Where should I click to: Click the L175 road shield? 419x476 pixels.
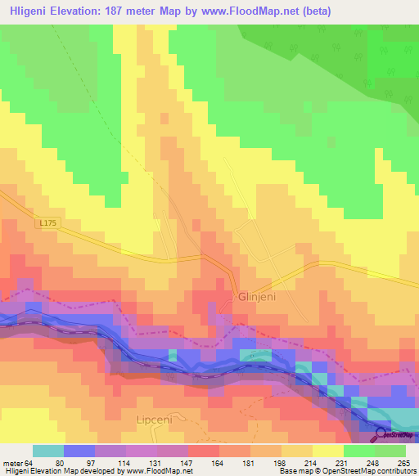[x=49, y=221]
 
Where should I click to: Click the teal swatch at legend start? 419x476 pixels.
[x=47, y=451]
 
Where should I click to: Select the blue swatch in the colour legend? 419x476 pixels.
[x=79, y=451]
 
